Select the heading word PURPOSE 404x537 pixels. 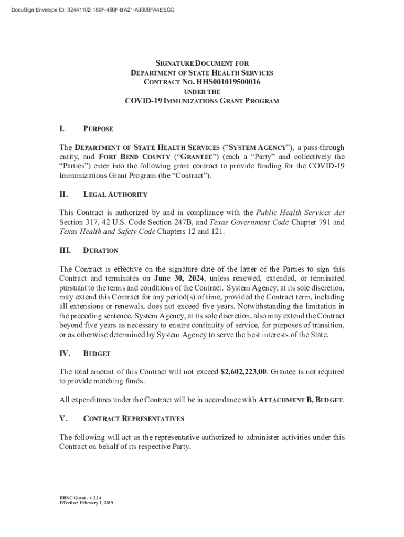click(x=98, y=129)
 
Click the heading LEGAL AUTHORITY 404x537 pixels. click(x=115, y=195)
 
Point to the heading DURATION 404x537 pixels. click(x=101, y=251)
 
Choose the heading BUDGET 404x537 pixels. click(x=97, y=354)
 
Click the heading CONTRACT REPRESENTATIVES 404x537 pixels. click(x=134, y=418)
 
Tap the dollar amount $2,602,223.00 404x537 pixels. click(x=243, y=372)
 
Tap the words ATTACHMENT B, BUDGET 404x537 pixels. click(x=301, y=400)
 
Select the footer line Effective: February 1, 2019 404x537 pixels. click(x=86, y=503)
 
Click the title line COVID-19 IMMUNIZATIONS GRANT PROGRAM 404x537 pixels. click(x=202, y=101)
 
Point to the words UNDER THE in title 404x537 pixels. click(x=202, y=92)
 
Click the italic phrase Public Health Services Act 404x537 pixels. click(x=300, y=212)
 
